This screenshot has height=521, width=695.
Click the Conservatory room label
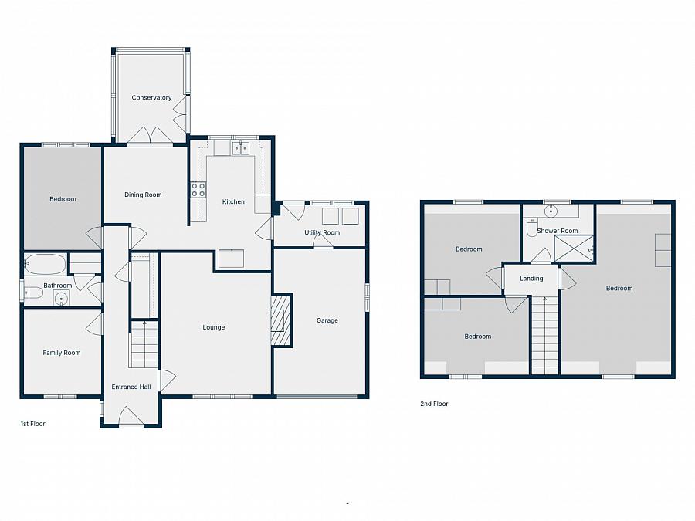(151, 97)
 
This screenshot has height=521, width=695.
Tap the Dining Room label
(143, 195)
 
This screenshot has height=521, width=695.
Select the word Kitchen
(233, 201)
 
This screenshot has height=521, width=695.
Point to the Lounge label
(214, 327)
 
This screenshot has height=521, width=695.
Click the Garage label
(327, 320)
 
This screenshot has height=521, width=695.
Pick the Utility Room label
(322, 232)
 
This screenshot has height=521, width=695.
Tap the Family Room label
(62, 353)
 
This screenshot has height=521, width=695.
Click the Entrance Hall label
(131, 387)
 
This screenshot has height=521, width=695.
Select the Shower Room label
(557, 231)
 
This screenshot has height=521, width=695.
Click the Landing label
(531, 278)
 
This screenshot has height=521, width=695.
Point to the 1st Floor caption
(32, 424)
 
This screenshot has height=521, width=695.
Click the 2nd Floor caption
(434, 404)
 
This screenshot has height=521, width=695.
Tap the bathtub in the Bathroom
(46, 264)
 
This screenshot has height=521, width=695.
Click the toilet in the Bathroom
(33, 293)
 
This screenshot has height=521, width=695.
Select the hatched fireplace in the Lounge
(281, 320)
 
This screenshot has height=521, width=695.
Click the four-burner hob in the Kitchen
(198, 190)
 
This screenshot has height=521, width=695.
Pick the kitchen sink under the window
(241, 148)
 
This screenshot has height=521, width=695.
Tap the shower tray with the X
(574, 249)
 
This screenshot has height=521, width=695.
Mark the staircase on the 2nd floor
(544, 336)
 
